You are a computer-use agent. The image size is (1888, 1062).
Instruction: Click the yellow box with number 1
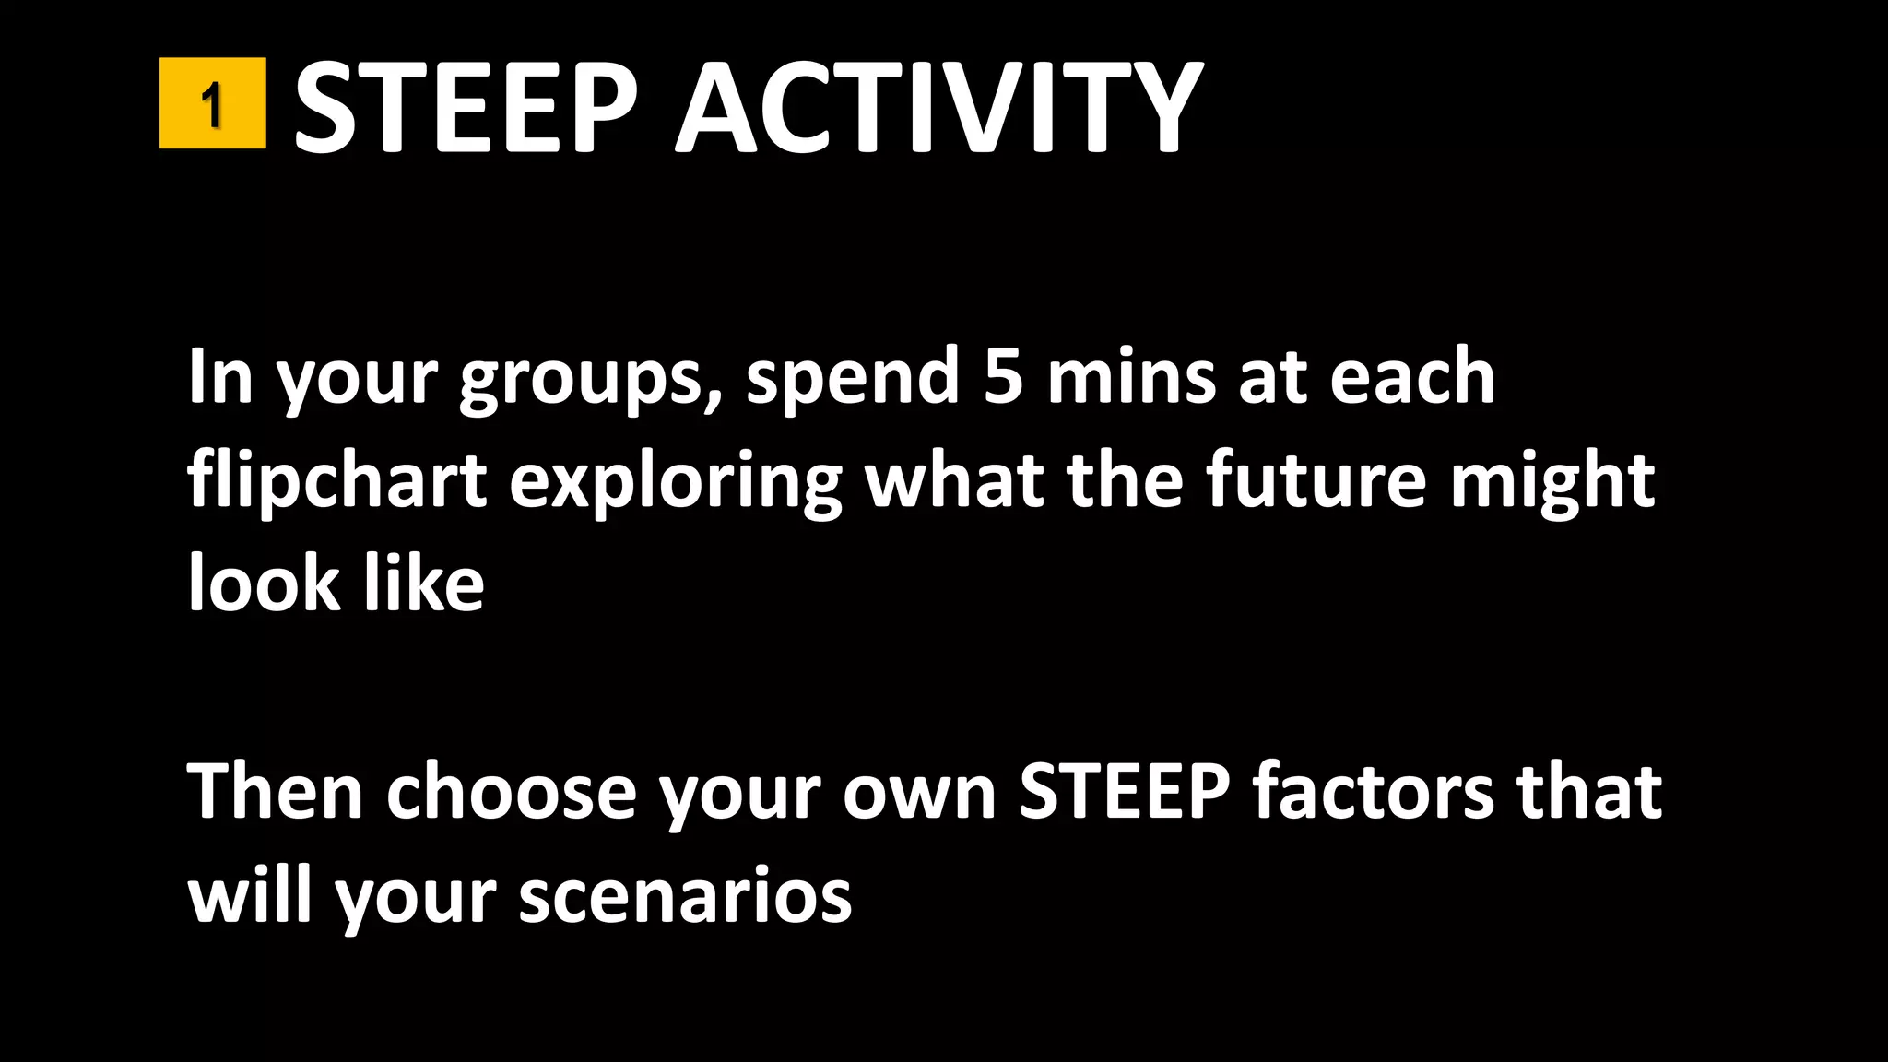(x=212, y=103)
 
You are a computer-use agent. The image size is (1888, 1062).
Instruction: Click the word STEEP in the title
(x=466, y=107)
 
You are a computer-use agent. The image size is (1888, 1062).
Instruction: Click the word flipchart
(x=336, y=481)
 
